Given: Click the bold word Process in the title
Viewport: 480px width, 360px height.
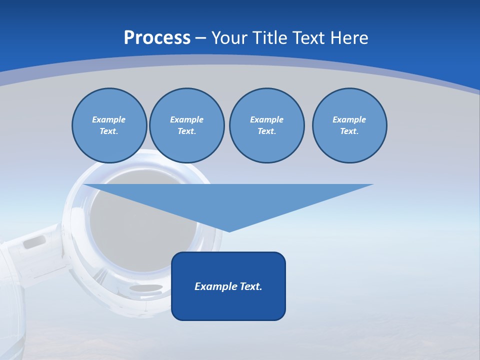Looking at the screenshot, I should click(x=157, y=38).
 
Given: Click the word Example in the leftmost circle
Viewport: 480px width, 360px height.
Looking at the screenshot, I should click(x=109, y=119).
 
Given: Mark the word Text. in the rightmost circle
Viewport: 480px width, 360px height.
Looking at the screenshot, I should click(x=349, y=131).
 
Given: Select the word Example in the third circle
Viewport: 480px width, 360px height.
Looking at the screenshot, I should click(x=266, y=119).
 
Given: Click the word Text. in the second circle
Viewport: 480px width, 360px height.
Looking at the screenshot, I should click(x=187, y=131).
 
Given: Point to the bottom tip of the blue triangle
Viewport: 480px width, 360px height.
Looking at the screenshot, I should click(x=229, y=230).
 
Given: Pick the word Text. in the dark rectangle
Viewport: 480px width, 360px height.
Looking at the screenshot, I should click(x=251, y=286).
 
